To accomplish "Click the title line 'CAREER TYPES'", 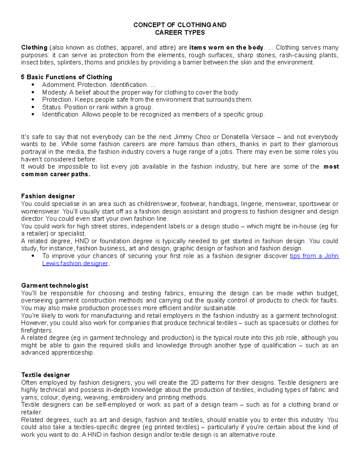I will (x=180, y=32).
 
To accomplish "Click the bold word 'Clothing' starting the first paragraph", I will (x=34, y=47).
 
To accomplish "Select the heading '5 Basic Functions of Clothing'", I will (x=67, y=77).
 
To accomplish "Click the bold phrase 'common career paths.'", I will (x=55, y=174).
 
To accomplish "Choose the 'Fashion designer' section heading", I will (x=48, y=196).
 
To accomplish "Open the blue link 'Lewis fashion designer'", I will (x=75, y=263).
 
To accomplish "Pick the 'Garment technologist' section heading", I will (x=55, y=285).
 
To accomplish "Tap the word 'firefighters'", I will (x=37, y=330).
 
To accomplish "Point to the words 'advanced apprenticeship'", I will (x=57, y=353).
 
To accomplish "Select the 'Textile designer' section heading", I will (x=45, y=375).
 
